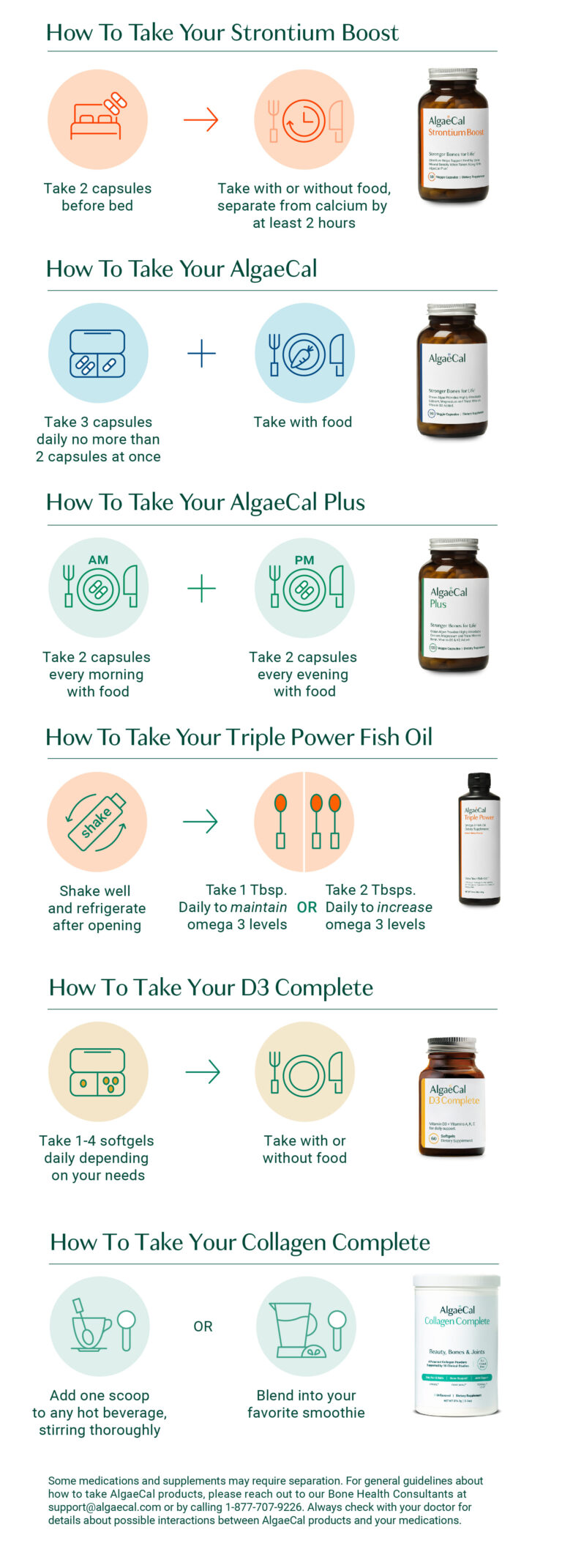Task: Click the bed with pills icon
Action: coord(97,119)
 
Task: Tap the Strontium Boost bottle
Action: coord(452,136)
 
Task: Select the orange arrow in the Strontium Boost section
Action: coord(201,119)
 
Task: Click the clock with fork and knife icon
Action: coord(304,120)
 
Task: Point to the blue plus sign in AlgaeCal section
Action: coord(201,354)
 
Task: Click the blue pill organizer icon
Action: coord(97,354)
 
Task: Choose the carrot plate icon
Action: coord(304,354)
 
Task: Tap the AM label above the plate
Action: coord(98,560)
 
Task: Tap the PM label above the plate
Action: coord(304,560)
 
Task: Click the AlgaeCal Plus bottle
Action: coord(453,605)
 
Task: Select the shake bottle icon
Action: coord(97,822)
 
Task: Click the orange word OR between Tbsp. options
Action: coord(307,907)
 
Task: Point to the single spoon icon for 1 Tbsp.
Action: coord(280,821)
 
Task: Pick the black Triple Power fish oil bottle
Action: coord(479,839)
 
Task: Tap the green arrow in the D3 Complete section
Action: coord(203,1071)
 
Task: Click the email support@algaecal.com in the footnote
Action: coord(105,1507)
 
